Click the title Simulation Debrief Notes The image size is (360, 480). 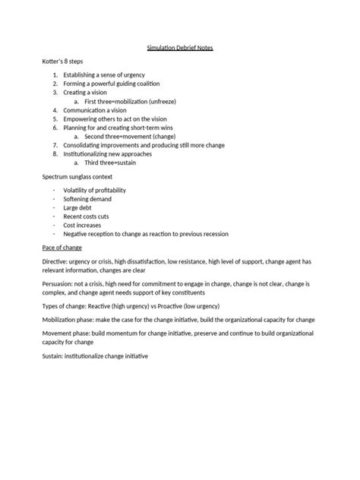click(x=180, y=49)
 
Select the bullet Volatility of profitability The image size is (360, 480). click(x=94, y=189)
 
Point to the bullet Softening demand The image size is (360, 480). click(x=87, y=198)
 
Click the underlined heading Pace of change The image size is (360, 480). click(x=61, y=248)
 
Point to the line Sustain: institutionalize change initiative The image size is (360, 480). click(x=99, y=356)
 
